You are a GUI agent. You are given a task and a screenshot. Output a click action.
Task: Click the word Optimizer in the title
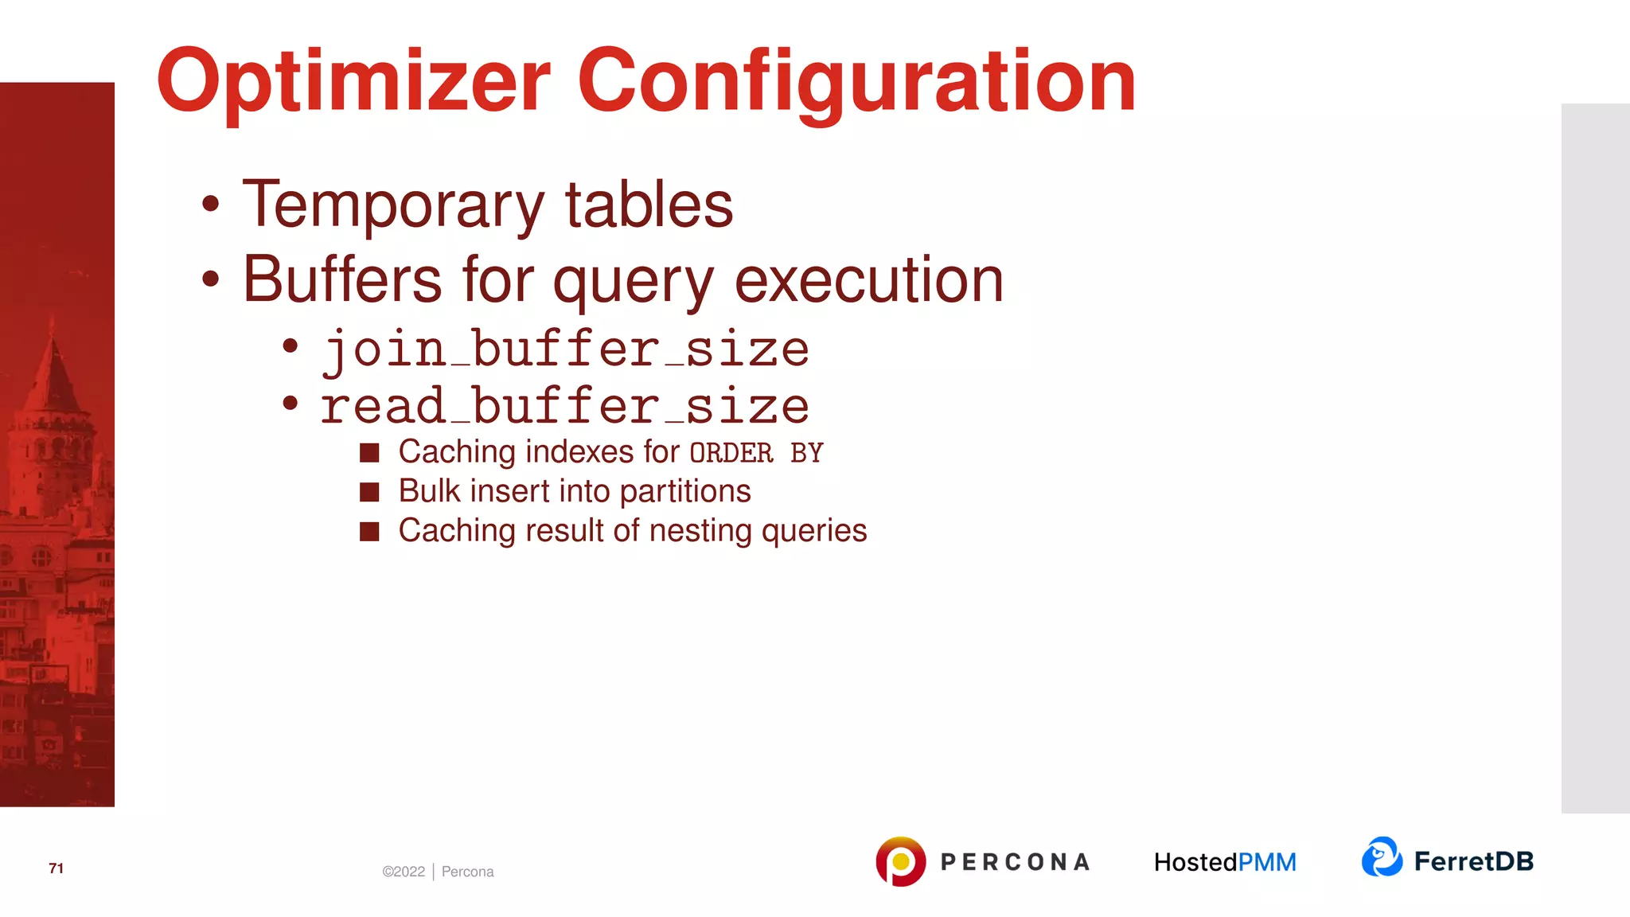tap(353, 81)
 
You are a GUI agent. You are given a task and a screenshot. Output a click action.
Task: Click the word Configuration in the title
tap(856, 81)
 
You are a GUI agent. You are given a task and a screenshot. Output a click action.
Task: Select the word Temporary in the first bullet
tap(393, 205)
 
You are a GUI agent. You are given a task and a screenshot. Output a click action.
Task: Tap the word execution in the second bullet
tap(868, 280)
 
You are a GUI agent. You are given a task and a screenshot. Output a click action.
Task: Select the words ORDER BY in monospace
tap(756, 453)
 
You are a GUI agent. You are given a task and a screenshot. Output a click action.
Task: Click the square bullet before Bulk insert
tap(369, 492)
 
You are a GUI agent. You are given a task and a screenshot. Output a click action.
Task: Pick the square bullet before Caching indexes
tap(369, 453)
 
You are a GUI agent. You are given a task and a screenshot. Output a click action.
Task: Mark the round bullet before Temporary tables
tap(210, 204)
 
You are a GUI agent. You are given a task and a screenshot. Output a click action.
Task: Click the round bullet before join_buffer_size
tap(291, 346)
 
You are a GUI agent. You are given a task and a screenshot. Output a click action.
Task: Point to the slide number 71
tap(56, 868)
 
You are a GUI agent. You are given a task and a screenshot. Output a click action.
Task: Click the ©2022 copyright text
tap(404, 872)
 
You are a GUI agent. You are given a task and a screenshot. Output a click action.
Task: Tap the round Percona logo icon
tap(900, 861)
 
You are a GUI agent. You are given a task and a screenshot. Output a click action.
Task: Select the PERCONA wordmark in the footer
tap(1015, 862)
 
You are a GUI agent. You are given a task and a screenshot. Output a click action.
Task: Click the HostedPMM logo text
tap(1225, 862)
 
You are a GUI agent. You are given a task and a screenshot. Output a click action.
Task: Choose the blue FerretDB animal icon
tap(1382, 857)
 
